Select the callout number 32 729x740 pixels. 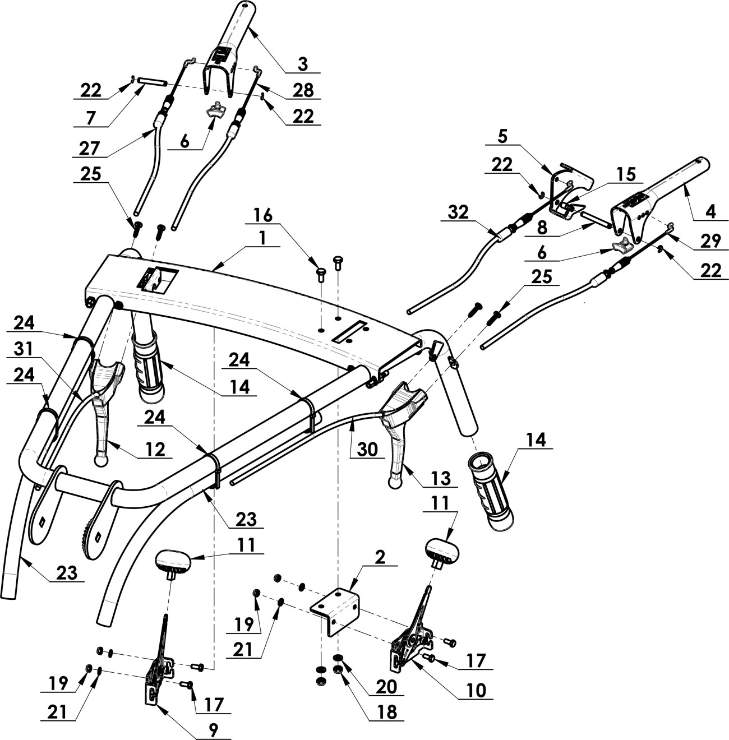(x=459, y=213)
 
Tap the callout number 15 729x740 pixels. (x=626, y=174)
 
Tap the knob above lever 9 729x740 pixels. (x=173, y=561)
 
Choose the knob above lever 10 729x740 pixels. (x=442, y=549)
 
